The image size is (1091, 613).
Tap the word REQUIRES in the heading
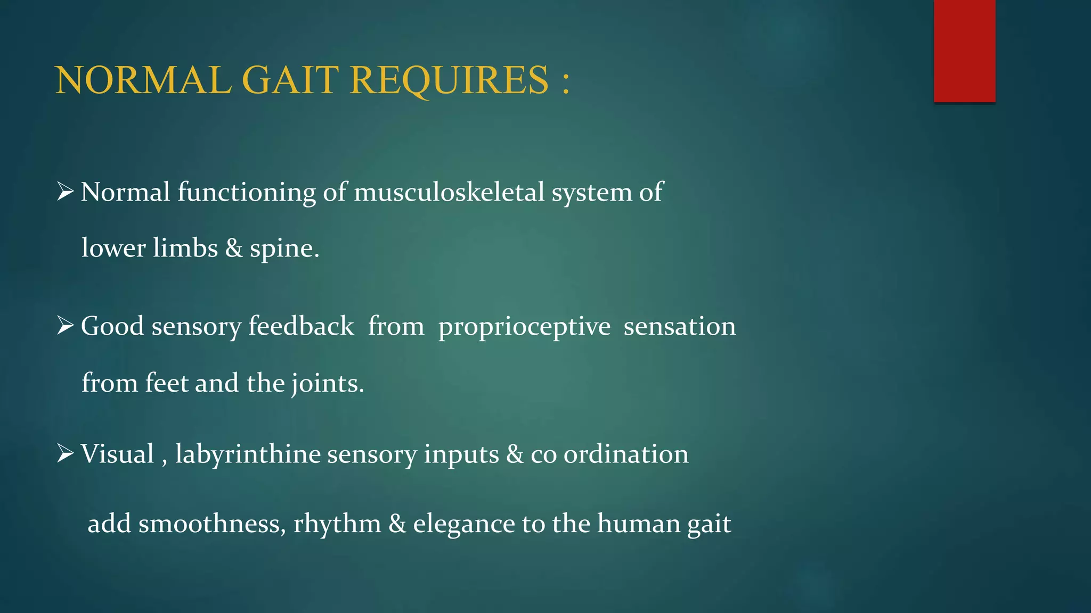(449, 80)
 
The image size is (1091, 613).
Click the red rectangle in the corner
(964, 51)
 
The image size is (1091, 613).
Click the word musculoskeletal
(449, 192)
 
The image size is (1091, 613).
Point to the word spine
(284, 248)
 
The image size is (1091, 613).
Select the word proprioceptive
(524, 327)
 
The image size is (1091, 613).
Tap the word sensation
(680, 326)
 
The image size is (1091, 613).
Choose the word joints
(327, 384)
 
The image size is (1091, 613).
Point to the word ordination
(626, 454)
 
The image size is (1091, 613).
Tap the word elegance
(464, 524)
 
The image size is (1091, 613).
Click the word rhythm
(337, 524)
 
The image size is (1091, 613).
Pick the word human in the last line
(638, 524)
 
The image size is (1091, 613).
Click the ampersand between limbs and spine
(234, 248)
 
